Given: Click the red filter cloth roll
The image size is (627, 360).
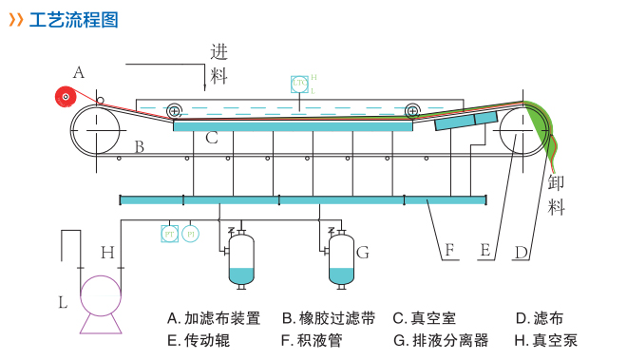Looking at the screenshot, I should point(66,96).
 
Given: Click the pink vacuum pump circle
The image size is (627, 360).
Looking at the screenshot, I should point(101,295).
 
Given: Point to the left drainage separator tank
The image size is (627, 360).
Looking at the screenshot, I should point(242,259).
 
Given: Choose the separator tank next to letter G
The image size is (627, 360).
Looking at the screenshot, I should point(341,259).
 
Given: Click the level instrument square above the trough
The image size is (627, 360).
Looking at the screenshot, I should point(299,85).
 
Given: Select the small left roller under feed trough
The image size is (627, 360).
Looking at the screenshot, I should point(175,111).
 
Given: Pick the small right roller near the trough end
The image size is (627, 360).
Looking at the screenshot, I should point(413,111).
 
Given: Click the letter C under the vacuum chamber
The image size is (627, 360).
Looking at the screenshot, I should point(212,139).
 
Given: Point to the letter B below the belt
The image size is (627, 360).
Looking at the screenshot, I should point(139,146).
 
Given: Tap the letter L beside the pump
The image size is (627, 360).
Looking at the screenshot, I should point(63,303).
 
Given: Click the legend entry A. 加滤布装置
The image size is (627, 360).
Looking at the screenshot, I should point(214,318).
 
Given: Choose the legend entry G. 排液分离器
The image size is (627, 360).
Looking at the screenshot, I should point(440,340).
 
